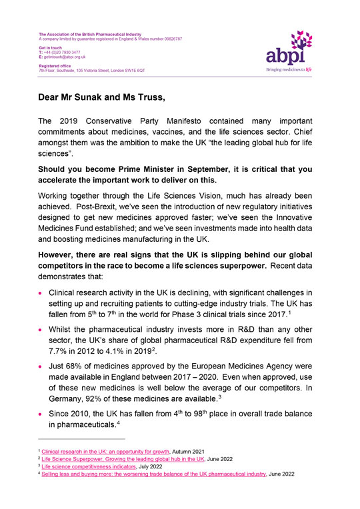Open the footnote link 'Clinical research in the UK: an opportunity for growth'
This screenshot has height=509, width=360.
click(x=97, y=452)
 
